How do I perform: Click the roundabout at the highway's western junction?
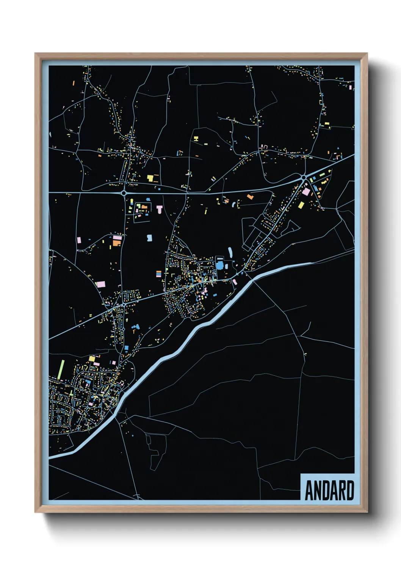point(124,193)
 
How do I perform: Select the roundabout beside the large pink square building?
point(304,177)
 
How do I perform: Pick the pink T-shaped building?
point(159,208)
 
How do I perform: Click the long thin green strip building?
point(61,369)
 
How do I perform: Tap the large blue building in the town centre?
point(220,265)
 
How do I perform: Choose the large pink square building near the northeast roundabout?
point(306,192)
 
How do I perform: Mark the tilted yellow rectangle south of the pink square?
point(301,205)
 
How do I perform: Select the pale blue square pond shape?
point(149,238)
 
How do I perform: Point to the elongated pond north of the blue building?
point(230,252)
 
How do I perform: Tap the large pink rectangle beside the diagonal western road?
point(101,284)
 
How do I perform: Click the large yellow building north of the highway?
point(150,178)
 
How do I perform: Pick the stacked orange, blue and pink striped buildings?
point(159,273)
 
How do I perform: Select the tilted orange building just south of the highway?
point(250,197)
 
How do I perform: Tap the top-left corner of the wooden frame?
point(36,54)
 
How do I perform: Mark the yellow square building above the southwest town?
point(92,358)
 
